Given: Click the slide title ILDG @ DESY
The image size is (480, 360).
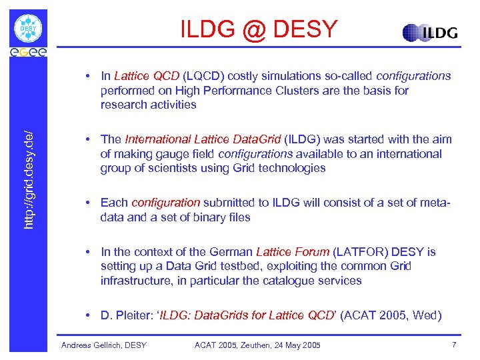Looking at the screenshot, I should click(x=259, y=29).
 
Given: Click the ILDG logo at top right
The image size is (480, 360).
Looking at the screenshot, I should click(x=430, y=33).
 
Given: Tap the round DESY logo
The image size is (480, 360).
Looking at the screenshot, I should click(x=29, y=29).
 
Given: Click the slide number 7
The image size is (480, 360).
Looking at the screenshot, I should click(x=454, y=345).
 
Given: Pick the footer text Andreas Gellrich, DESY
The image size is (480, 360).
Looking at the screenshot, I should click(x=103, y=345).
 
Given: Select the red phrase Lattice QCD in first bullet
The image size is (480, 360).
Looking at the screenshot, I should click(x=147, y=76).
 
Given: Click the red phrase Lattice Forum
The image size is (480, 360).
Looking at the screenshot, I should click(x=293, y=251).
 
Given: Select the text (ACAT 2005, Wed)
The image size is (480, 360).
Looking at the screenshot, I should click(x=391, y=315).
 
